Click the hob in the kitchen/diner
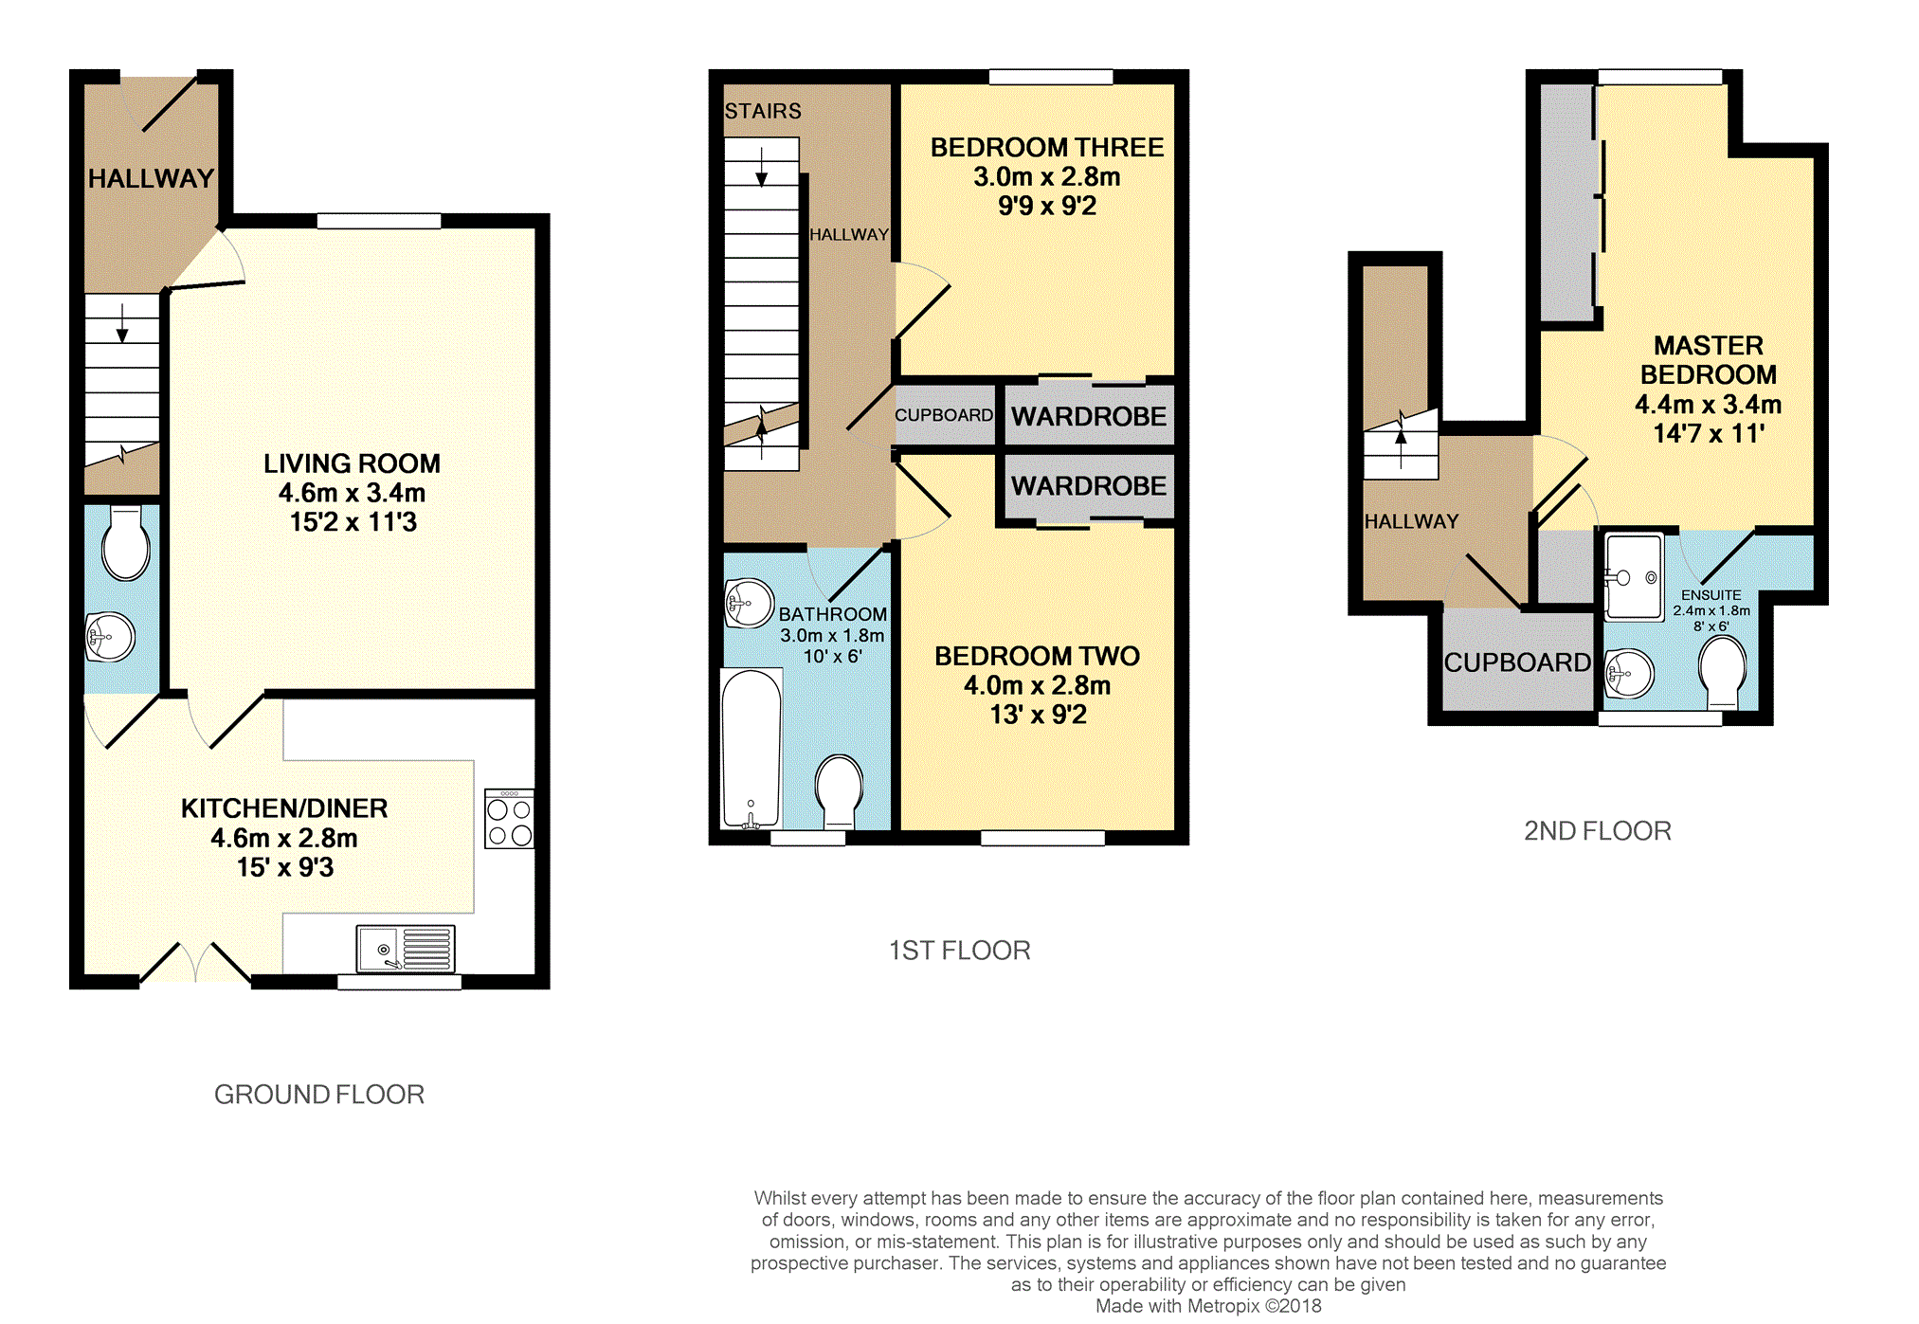[509, 819]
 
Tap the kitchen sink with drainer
[406, 949]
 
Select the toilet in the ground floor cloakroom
[126, 544]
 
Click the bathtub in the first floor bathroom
[751, 749]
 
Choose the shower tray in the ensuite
[1634, 576]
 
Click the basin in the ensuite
[1629, 674]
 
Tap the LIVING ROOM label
[352, 463]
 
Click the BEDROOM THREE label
[1046, 148]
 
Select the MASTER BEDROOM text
[1708, 360]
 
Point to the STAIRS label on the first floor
[763, 111]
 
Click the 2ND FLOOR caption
[1597, 831]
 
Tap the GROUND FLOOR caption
[318, 1095]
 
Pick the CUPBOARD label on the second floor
[1516, 662]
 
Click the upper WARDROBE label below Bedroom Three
[1088, 416]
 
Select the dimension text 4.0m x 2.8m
[1037, 685]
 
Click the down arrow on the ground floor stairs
[122, 325]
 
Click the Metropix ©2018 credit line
[1207, 1306]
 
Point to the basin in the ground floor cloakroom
[111, 637]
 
